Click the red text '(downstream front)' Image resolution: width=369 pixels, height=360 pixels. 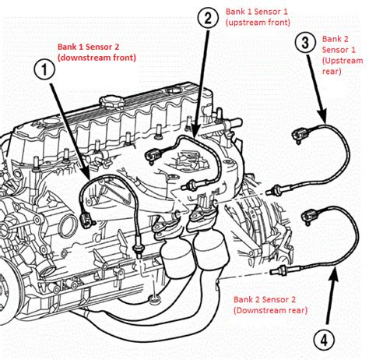pyautogui.click(x=96, y=58)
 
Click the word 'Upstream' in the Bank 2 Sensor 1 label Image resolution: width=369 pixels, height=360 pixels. pyautogui.click(x=343, y=60)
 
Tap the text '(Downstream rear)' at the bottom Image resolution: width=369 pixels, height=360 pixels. pyautogui.click(x=268, y=311)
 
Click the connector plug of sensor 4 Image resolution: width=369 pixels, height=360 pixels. pyautogui.click(x=312, y=212)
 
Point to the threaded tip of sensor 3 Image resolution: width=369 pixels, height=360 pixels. pyautogui.click(x=274, y=190)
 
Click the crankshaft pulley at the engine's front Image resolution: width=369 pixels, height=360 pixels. pyautogui.click(x=15, y=276)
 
